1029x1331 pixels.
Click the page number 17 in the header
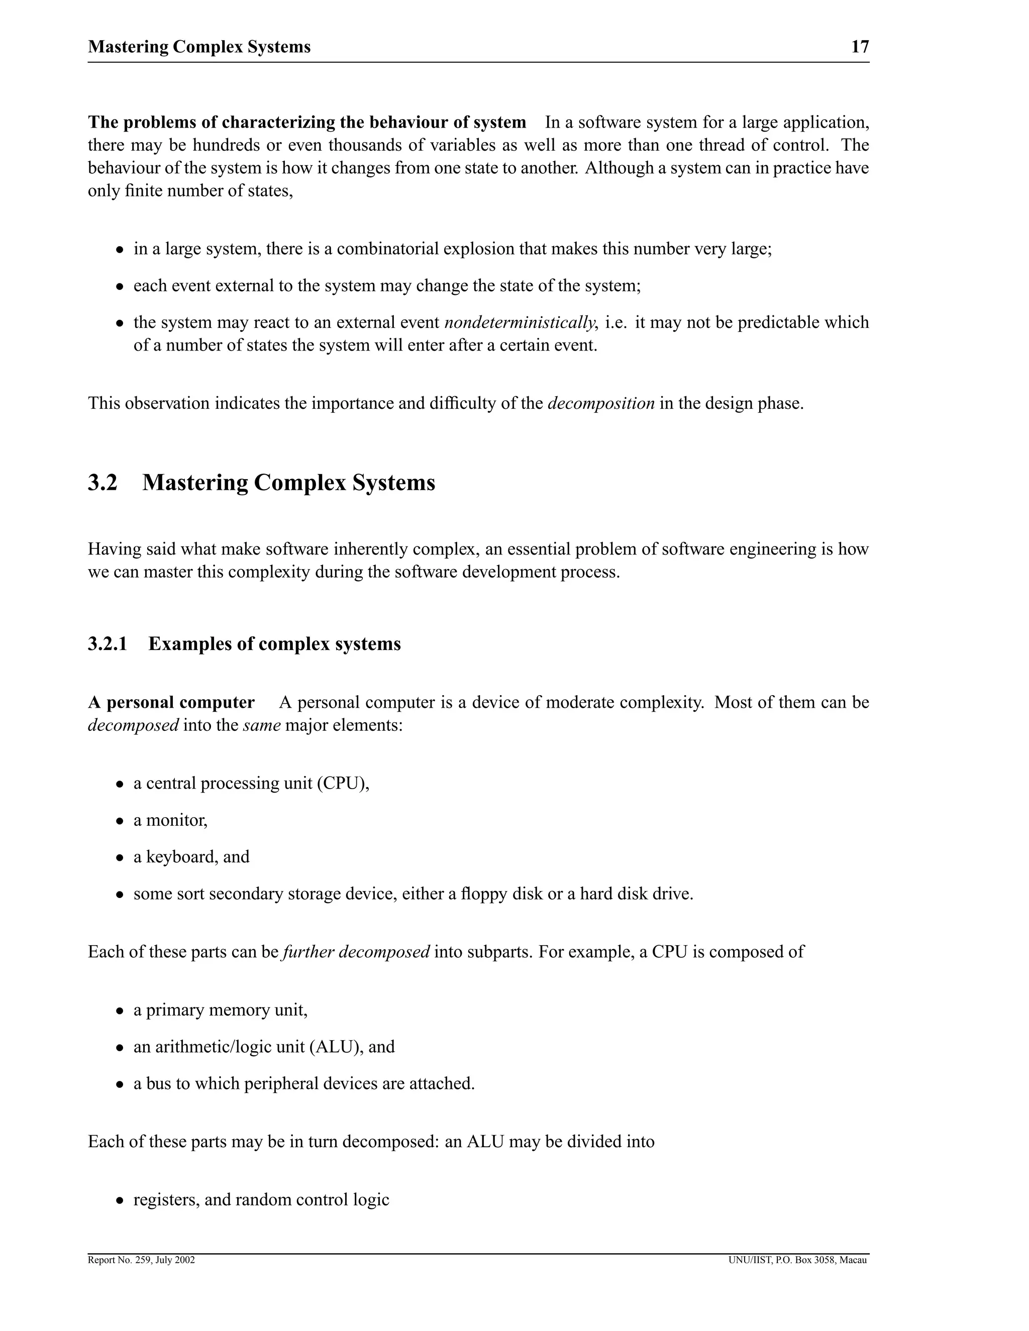coord(860,47)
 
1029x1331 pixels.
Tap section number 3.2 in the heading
coord(102,483)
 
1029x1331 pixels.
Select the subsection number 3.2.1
coord(108,644)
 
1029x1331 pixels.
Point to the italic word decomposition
coord(601,403)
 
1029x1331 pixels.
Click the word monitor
coord(176,820)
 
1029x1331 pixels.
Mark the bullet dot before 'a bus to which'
coord(121,1085)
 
